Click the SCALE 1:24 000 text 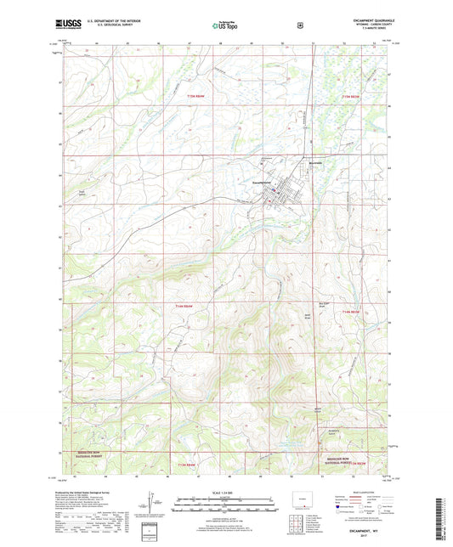[226, 493]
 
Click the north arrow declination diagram [153, 508]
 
